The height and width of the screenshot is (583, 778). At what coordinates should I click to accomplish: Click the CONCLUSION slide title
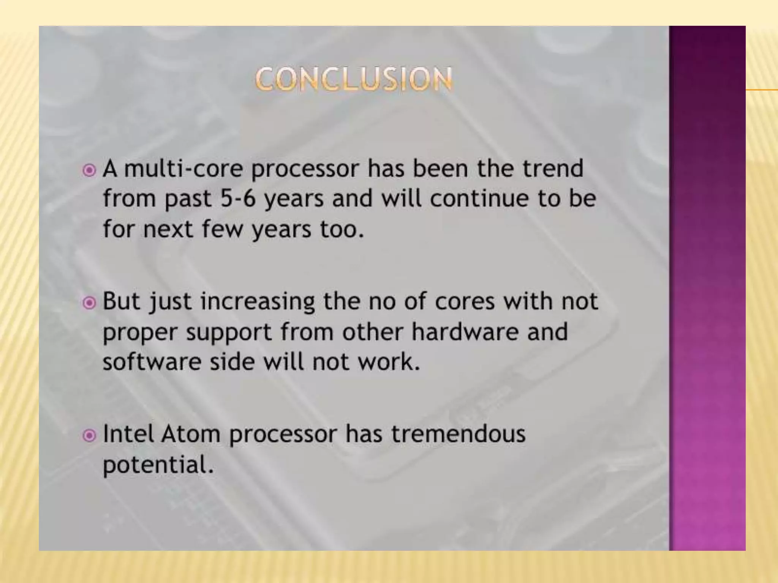(354, 79)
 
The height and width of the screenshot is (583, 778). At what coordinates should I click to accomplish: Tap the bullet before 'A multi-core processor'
(89, 170)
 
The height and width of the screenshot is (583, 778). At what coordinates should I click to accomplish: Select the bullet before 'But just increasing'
(89, 303)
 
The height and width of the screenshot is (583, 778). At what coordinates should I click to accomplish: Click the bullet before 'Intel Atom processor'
(89, 435)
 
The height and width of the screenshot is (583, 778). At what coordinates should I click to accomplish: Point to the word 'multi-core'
(183, 169)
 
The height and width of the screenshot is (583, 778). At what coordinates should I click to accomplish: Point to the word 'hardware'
(464, 332)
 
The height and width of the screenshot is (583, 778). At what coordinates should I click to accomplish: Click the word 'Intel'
(128, 434)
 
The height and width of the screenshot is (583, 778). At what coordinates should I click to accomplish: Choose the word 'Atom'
(190, 434)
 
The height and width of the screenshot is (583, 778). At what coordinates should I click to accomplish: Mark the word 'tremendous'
(458, 434)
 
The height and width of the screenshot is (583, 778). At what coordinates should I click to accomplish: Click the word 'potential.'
(158, 465)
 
